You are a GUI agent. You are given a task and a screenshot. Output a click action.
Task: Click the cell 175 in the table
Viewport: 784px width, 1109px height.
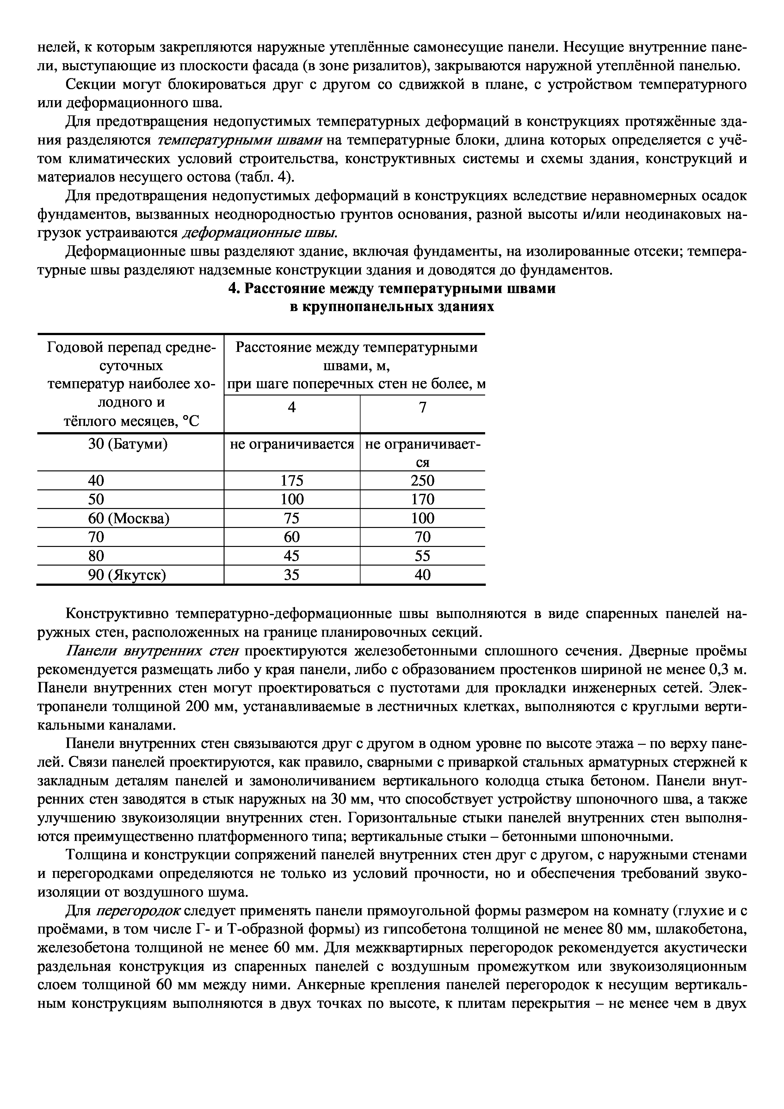click(292, 480)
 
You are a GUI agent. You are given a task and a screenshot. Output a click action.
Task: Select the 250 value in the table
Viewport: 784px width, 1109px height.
click(422, 480)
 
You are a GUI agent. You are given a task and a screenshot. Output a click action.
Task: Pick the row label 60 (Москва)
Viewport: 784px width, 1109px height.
click(128, 518)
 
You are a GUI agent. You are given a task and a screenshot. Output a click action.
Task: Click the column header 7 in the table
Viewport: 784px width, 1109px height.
click(423, 408)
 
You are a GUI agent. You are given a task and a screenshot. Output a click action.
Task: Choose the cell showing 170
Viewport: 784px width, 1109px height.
click(422, 499)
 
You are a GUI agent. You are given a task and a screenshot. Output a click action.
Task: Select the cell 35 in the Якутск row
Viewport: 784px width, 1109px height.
click(292, 575)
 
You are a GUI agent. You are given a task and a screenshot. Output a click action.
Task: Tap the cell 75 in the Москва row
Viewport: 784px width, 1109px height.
click(292, 518)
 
